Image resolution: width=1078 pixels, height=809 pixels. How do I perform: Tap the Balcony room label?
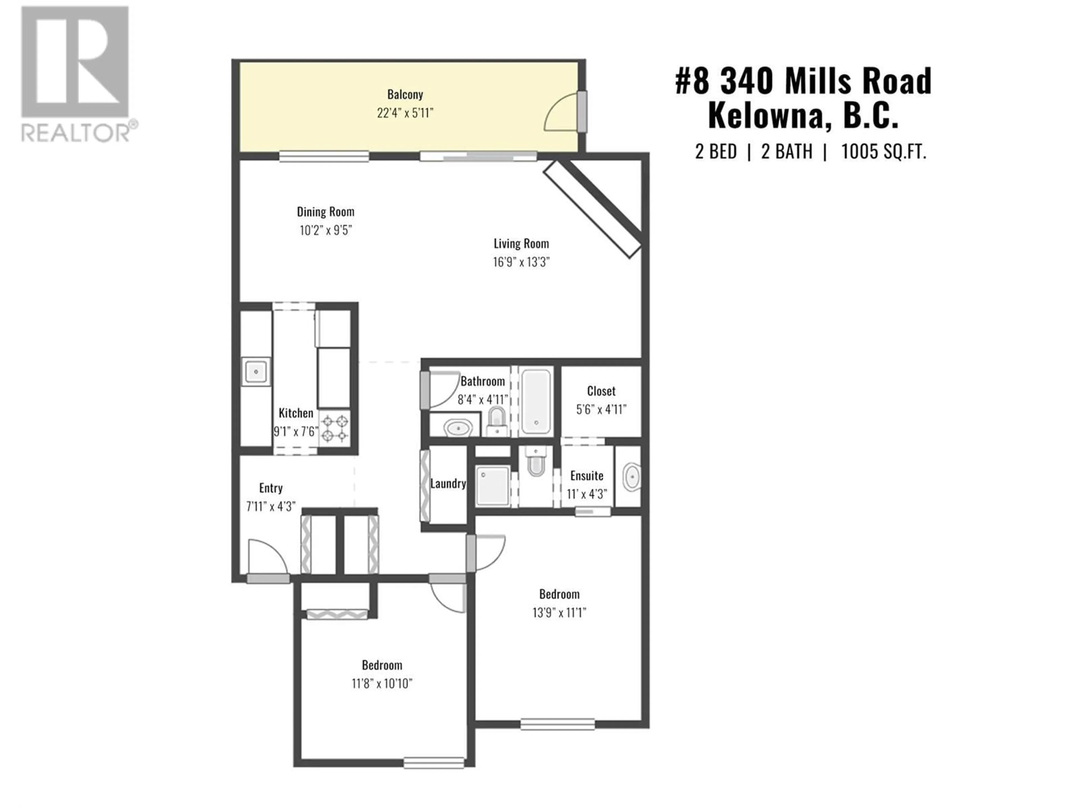click(405, 94)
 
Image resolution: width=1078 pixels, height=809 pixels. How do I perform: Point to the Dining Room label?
click(326, 212)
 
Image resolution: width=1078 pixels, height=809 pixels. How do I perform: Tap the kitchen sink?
click(256, 372)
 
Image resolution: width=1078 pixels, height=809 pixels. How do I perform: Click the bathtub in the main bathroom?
click(536, 402)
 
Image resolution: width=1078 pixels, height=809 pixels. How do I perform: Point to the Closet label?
click(601, 391)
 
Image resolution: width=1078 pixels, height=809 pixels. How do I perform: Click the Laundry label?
click(448, 484)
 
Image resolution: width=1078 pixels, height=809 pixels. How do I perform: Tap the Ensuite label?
click(587, 476)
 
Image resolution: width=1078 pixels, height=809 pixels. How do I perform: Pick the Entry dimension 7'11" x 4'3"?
click(271, 507)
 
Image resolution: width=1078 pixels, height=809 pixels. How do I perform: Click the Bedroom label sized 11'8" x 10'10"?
click(382, 665)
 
